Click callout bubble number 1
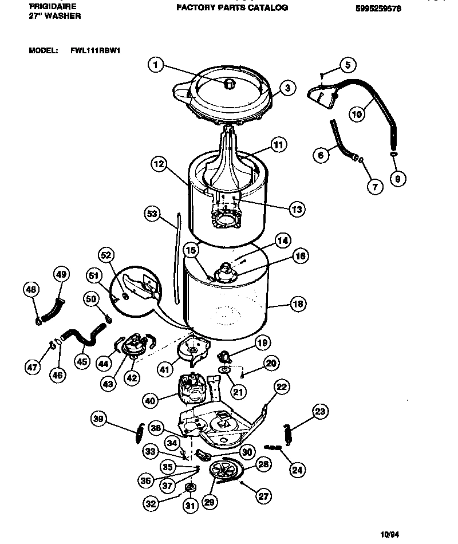tap(156, 65)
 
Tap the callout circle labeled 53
tap(152, 214)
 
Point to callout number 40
tap(150, 401)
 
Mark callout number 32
tap(151, 504)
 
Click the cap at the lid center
tap(230, 84)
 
